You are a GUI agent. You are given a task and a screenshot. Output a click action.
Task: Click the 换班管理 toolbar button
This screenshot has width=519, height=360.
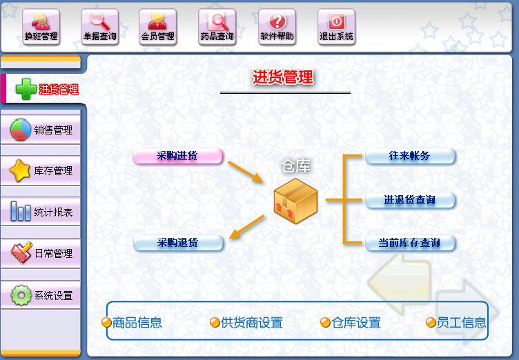pyautogui.click(x=41, y=27)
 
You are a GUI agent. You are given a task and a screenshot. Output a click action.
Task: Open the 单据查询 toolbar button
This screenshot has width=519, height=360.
pyautogui.click(x=100, y=27)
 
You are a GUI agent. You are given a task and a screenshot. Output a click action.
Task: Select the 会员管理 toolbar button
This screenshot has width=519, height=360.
pyautogui.click(x=158, y=27)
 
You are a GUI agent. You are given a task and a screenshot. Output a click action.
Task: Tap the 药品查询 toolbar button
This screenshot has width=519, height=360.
pyautogui.click(x=217, y=27)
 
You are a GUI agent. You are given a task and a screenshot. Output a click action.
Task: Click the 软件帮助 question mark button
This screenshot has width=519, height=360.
pyautogui.click(x=277, y=27)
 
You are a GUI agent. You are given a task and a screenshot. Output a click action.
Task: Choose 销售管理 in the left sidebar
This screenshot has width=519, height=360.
pyautogui.click(x=41, y=130)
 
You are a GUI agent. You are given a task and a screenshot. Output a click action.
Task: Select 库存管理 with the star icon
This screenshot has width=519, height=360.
pyautogui.click(x=41, y=170)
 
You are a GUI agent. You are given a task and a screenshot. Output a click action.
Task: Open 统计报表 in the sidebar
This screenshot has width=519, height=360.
pyautogui.click(x=41, y=212)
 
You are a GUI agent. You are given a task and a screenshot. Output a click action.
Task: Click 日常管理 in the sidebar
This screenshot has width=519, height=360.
pyautogui.click(x=41, y=253)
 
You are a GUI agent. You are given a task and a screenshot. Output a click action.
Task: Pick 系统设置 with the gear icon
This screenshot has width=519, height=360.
pyautogui.click(x=41, y=295)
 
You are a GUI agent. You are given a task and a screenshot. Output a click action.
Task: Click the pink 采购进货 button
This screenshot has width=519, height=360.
pyautogui.click(x=178, y=156)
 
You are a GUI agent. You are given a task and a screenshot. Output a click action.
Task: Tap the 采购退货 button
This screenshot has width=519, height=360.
pyautogui.click(x=178, y=243)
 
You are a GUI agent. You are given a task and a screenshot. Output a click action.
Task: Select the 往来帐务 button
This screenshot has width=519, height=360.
pyautogui.click(x=410, y=156)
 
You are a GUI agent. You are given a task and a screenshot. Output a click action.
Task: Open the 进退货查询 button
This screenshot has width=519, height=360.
pyautogui.click(x=410, y=200)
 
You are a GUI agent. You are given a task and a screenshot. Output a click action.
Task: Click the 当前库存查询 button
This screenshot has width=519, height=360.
pyautogui.click(x=410, y=243)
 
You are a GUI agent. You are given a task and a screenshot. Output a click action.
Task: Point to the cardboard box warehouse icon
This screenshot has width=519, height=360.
pyautogui.click(x=295, y=200)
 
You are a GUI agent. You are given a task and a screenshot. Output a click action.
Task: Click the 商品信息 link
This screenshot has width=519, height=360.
pyautogui.click(x=132, y=323)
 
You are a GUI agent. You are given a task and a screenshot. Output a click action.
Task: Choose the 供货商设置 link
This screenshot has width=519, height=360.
pyautogui.click(x=246, y=323)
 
